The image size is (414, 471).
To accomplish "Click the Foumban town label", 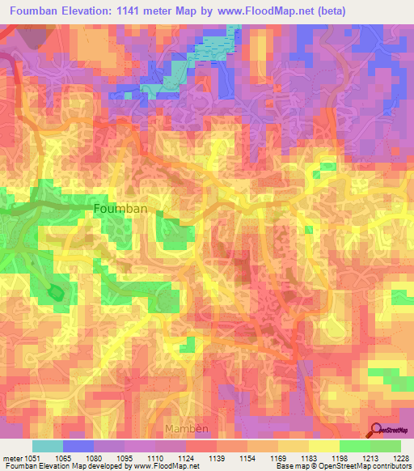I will click(x=120, y=208).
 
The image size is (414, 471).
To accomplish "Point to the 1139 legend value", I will click(x=216, y=457).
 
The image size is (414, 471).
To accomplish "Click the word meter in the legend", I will click(x=14, y=457).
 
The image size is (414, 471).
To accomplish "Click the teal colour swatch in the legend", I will click(x=47, y=446).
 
